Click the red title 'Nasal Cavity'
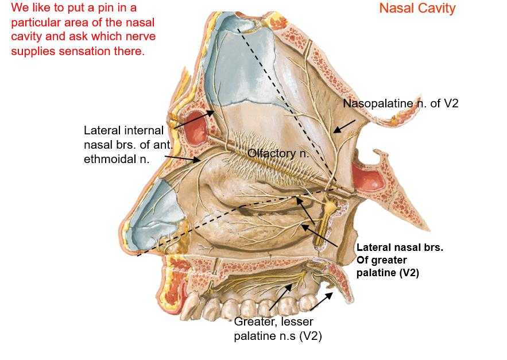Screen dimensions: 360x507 (x=417, y=9)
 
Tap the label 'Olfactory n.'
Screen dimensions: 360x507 (x=278, y=153)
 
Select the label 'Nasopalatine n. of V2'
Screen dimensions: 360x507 (x=400, y=104)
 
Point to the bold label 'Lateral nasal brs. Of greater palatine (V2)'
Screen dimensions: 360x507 (x=400, y=260)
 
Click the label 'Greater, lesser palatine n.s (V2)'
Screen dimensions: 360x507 (x=277, y=329)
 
